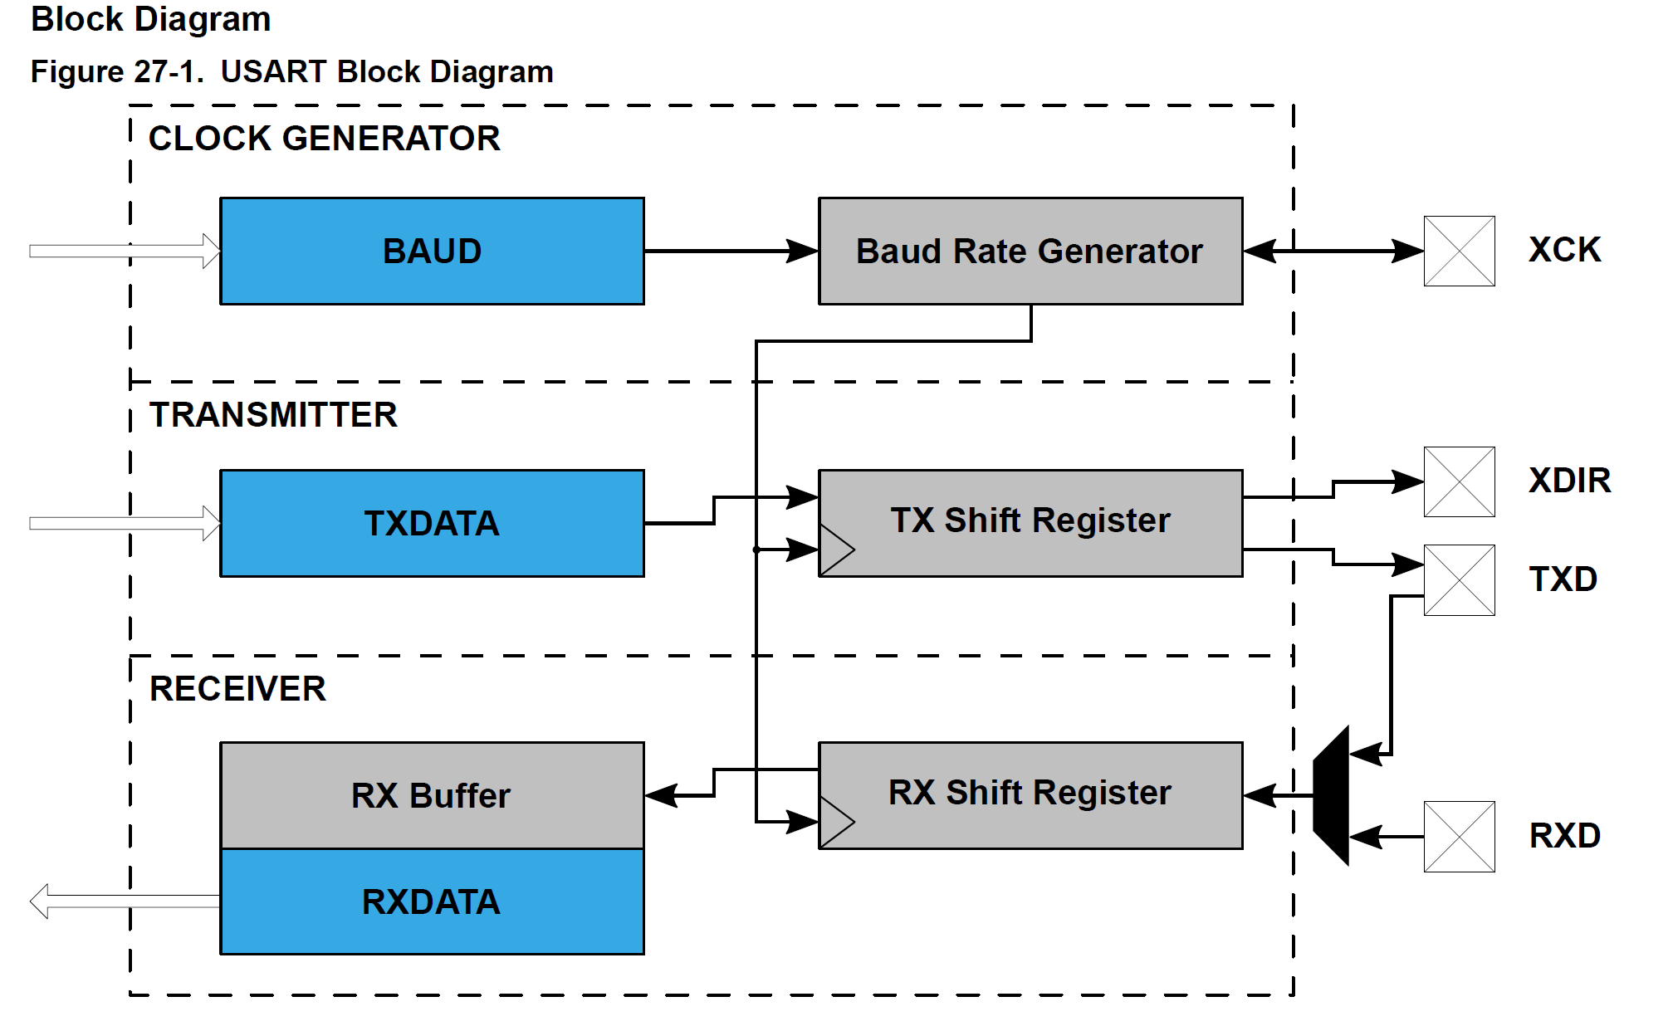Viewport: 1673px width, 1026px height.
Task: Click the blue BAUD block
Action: click(x=432, y=251)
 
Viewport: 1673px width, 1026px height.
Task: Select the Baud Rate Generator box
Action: click(x=1030, y=251)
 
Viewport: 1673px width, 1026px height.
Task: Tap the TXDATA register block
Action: click(x=432, y=523)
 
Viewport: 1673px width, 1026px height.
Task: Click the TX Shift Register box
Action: click(x=1030, y=521)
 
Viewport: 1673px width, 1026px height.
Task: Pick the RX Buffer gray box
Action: click(x=432, y=795)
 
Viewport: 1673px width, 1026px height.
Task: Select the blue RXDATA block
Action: click(x=432, y=901)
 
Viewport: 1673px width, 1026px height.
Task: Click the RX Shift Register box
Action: click(x=1030, y=794)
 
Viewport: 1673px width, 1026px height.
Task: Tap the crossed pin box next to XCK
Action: click(x=1459, y=251)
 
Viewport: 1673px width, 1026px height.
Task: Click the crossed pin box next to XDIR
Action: click(x=1459, y=481)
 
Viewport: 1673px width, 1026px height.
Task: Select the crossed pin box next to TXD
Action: click(x=1459, y=579)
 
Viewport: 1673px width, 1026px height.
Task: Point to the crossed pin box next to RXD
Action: click(x=1459, y=836)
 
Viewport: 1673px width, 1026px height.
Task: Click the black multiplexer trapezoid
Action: click(x=1332, y=795)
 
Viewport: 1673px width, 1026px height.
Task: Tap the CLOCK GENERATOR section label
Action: click(x=324, y=138)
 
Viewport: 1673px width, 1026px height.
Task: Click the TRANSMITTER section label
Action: click(x=273, y=414)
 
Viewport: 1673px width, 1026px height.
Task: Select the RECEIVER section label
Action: click(x=237, y=688)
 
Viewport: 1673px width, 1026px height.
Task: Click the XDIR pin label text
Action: click(x=1569, y=481)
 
